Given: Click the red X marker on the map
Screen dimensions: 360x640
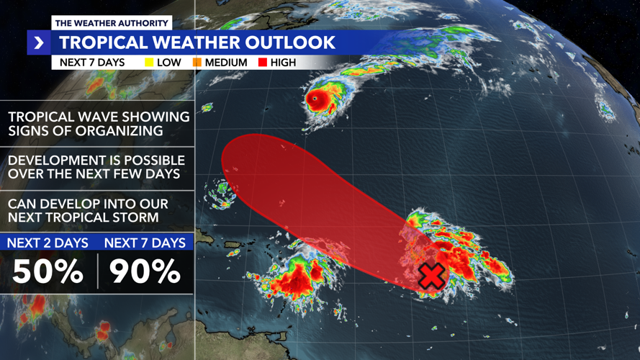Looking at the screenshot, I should tap(431, 276).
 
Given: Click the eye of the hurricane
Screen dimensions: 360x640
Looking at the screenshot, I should tap(315, 98).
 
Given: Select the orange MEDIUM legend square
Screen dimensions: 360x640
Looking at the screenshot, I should tap(197, 63).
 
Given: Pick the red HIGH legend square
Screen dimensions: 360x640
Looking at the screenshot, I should tap(262, 63).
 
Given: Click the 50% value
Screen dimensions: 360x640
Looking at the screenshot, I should tap(48, 271).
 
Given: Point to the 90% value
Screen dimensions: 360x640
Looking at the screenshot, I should tap(145, 271).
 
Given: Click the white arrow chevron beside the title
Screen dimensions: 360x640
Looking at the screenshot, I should tap(38, 43).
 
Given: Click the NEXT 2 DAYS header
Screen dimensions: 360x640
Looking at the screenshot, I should tap(48, 243).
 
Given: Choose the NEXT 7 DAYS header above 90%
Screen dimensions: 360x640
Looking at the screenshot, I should tap(145, 243).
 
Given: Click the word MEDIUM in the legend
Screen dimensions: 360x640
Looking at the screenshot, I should tap(227, 63).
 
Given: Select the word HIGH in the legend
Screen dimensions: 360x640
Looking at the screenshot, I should tap(283, 63).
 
